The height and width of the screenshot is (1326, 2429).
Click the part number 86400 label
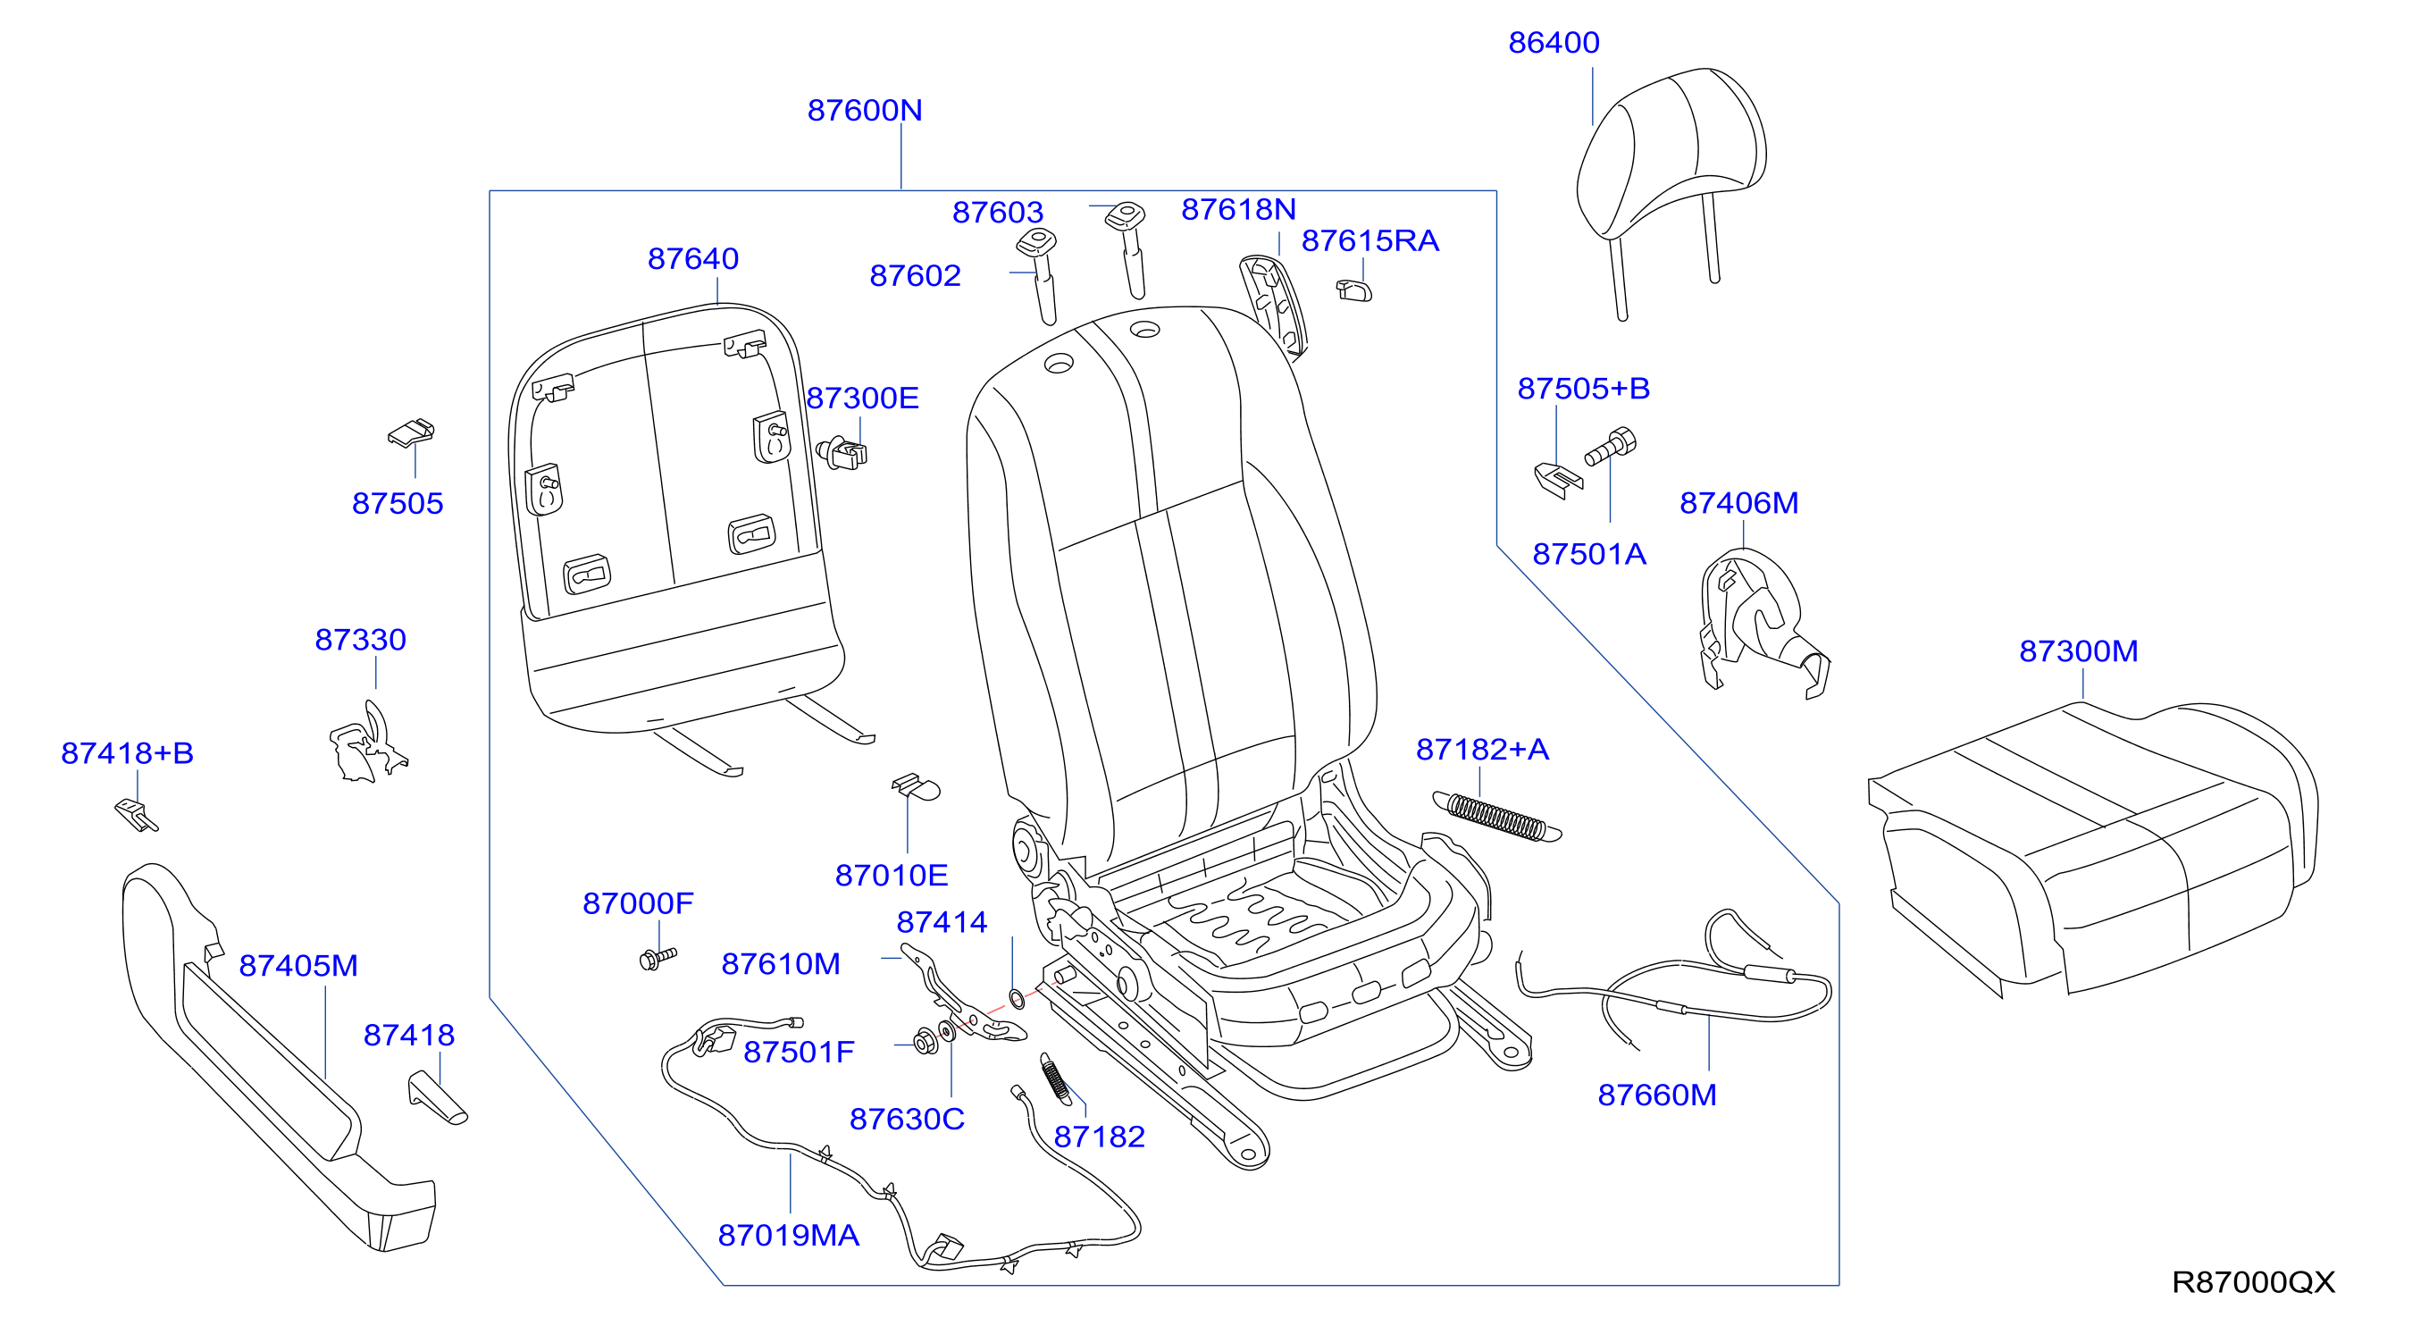pyautogui.click(x=1553, y=42)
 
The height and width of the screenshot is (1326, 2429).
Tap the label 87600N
pyautogui.click(x=865, y=110)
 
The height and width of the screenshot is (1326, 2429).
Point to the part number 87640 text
pyautogui.click(x=693, y=258)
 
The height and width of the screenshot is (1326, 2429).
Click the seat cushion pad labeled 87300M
pyautogui.click(x=2093, y=849)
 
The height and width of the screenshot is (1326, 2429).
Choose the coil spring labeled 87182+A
pyautogui.click(x=1496, y=817)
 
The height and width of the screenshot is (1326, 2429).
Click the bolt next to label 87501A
pyautogui.click(x=1611, y=446)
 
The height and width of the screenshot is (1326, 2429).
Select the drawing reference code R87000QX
pyautogui.click(x=2253, y=1281)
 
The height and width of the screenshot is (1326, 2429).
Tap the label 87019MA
pyautogui.click(x=788, y=1235)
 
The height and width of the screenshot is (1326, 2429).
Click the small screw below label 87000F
pyautogui.click(x=658, y=959)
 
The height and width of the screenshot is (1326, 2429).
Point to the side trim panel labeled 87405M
pyautogui.click(x=279, y=1056)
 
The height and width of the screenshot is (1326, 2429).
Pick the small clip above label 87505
pyautogui.click(x=412, y=432)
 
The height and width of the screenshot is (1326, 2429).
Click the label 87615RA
pyautogui.click(x=1370, y=240)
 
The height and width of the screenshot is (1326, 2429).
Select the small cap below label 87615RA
pyautogui.click(x=1354, y=290)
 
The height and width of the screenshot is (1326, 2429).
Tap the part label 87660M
pyautogui.click(x=1657, y=1095)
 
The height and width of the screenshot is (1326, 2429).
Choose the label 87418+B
pyautogui.click(x=127, y=752)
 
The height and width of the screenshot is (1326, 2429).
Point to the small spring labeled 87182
pyautogui.click(x=1055, y=1077)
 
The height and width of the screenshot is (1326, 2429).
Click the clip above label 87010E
pyautogui.click(x=916, y=786)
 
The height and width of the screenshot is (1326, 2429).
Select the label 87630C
pyautogui.click(x=907, y=1119)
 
